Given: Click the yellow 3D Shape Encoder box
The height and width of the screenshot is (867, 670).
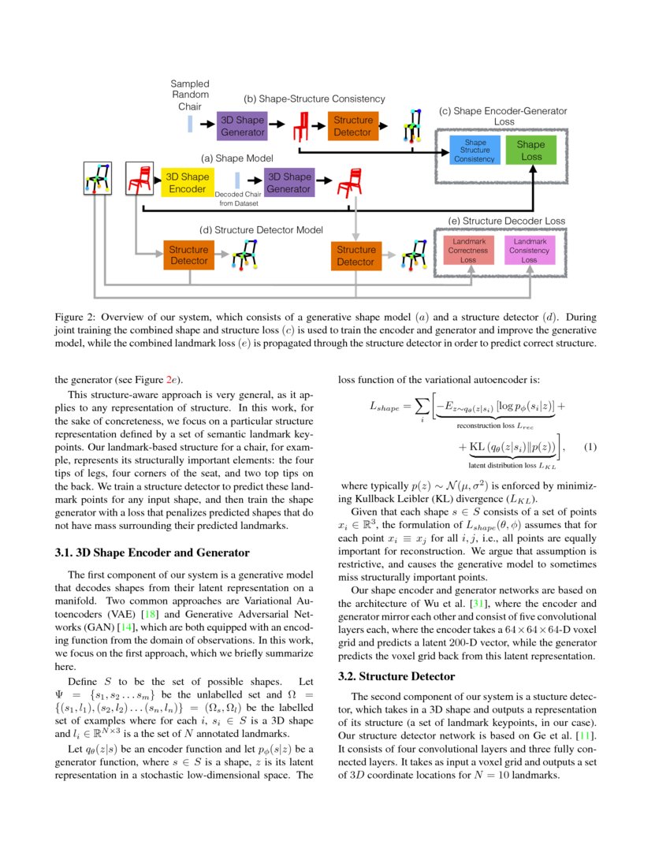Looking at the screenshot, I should pyautogui.click(x=188, y=183).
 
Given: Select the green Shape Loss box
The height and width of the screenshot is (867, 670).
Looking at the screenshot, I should pyautogui.click(x=530, y=150).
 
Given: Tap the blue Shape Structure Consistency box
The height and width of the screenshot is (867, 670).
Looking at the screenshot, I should pyautogui.click(x=475, y=151).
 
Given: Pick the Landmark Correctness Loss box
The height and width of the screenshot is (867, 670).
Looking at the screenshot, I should pyautogui.click(x=468, y=250).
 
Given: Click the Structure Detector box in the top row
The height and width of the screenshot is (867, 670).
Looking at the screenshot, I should pyautogui.click(x=352, y=126).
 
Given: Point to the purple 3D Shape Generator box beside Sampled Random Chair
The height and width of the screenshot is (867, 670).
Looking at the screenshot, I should pyautogui.click(x=242, y=126).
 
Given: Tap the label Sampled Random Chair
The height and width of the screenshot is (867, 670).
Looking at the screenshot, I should pyautogui.click(x=190, y=95).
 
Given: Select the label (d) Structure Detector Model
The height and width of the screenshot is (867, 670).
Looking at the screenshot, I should pyautogui.click(x=261, y=229).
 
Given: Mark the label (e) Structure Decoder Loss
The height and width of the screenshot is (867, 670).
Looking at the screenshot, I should pyautogui.click(x=506, y=221).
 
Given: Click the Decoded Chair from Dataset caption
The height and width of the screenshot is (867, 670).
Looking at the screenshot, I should pyautogui.click(x=237, y=199).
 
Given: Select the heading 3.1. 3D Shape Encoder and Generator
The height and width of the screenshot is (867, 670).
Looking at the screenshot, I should pyautogui.click(x=152, y=553).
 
